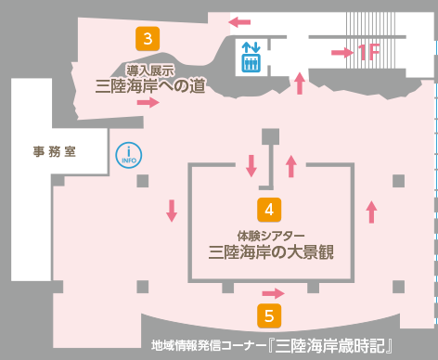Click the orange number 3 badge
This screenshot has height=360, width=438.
point(148,39)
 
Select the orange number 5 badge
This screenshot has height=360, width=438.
point(269,315)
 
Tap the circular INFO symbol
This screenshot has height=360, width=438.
point(126,155)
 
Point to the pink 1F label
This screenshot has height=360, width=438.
point(368,53)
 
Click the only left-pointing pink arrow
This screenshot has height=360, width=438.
point(239,20)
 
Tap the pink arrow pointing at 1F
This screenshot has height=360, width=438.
point(341,53)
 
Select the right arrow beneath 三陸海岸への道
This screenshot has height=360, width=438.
point(148,102)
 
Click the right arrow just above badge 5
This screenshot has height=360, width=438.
point(275,293)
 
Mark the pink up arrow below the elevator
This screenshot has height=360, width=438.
point(300,84)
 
